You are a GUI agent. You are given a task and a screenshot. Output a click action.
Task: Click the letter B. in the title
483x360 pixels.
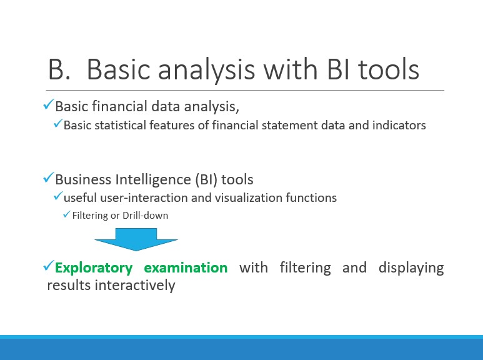pyautogui.click(x=59, y=69)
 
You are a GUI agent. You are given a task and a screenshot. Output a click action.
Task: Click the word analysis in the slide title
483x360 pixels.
pyautogui.click(x=206, y=71)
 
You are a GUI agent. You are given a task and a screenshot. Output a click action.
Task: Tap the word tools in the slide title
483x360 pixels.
pyautogui.click(x=389, y=69)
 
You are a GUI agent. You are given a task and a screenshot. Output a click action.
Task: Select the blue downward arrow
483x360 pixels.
pyautogui.click(x=136, y=239)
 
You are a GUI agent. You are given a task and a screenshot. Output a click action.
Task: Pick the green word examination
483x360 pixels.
pyautogui.click(x=186, y=267)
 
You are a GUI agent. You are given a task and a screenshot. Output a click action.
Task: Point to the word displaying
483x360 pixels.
pyautogui.click(x=411, y=268)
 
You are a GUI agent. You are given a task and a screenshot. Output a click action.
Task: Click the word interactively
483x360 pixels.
pyautogui.click(x=135, y=286)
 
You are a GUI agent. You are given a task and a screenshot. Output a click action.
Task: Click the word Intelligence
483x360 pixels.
pyautogui.click(x=153, y=179)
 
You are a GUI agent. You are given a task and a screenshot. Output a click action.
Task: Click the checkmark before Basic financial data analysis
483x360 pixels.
pyautogui.click(x=49, y=104)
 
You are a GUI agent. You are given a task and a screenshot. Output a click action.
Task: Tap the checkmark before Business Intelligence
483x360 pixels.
pyautogui.click(x=49, y=177)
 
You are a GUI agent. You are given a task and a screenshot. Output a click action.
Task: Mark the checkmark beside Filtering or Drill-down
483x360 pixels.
pyautogui.click(x=67, y=214)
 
